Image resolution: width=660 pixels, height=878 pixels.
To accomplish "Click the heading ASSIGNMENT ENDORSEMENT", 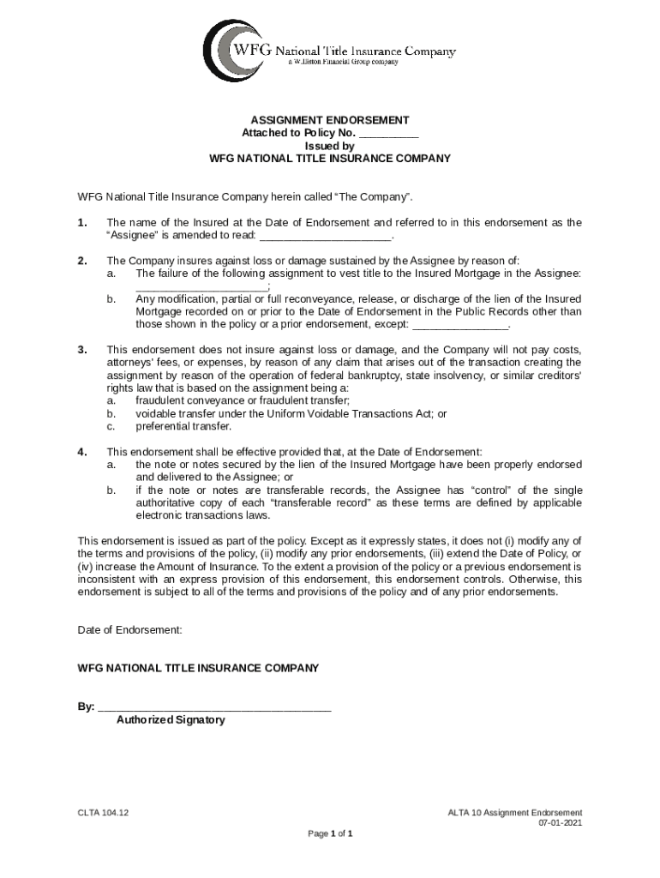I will click(x=330, y=120).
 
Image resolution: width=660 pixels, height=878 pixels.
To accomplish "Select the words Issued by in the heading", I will click(x=330, y=146).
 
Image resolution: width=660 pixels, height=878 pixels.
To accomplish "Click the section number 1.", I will click(x=82, y=223).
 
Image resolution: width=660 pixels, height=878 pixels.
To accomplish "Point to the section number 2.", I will click(x=82, y=261).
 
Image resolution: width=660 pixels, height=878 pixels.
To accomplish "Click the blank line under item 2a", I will click(x=201, y=286).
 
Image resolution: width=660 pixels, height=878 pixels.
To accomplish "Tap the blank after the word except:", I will click(x=460, y=325).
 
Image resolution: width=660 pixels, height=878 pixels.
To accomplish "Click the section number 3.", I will click(x=82, y=350).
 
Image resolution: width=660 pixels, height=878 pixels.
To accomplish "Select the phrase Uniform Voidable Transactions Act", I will click(x=351, y=413).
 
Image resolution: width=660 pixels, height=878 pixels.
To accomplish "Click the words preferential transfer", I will click(x=183, y=426).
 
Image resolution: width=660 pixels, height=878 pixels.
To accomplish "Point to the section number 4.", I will click(x=82, y=452).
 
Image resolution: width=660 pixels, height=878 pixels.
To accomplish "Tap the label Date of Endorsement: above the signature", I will click(x=130, y=629).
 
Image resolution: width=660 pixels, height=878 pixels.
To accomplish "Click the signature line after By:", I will click(x=214, y=707).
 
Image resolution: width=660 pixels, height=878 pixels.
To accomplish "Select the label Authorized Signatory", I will click(x=171, y=720).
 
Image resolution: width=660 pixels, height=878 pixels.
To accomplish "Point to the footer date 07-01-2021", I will click(x=561, y=823).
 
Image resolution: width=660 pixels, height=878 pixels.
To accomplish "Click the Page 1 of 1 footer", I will click(x=330, y=833).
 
